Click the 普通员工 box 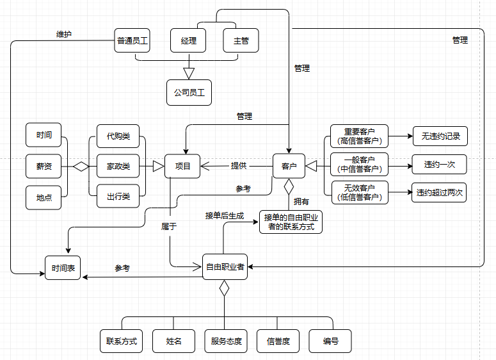132,41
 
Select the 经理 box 188,41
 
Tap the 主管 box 241,41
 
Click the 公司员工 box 189,92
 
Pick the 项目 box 182,166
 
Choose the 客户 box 289,166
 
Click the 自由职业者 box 225,266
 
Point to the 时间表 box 63,268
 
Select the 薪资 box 44,166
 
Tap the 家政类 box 118,166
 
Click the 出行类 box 118,197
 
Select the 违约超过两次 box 439,192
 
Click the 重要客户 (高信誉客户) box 359,136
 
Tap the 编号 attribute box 330,341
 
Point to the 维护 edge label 64,35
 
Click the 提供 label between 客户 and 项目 239,165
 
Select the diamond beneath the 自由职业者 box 225,289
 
